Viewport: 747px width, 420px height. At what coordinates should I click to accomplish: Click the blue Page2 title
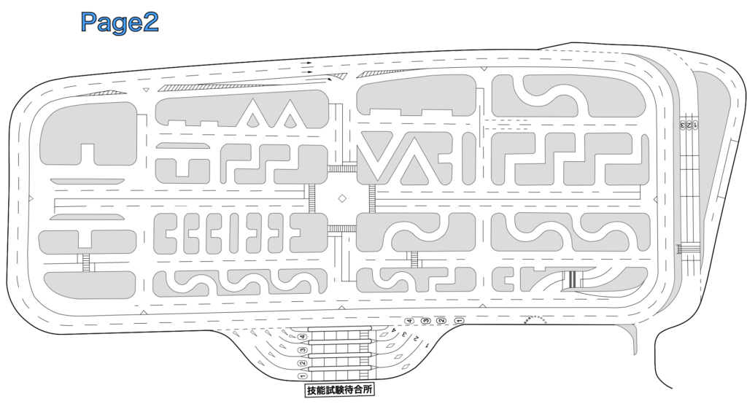click(120, 23)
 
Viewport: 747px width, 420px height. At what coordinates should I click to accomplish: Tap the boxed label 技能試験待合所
click(340, 390)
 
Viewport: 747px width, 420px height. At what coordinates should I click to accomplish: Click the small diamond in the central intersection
click(341, 198)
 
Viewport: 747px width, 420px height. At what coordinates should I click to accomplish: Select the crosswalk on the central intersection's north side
click(341, 169)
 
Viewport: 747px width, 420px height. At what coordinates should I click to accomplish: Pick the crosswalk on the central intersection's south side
click(341, 228)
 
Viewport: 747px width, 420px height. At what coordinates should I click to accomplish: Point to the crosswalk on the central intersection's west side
click(311, 198)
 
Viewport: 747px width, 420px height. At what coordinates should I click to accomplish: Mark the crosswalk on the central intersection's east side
click(372, 198)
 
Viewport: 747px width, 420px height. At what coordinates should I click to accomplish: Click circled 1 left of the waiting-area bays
click(301, 376)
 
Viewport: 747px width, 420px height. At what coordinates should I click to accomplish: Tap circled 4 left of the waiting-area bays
click(301, 337)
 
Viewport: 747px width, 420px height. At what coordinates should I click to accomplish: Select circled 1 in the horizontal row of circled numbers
click(459, 321)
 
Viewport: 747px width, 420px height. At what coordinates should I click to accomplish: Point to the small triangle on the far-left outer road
click(30, 198)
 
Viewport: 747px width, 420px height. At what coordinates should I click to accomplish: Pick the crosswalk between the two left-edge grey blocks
click(87, 262)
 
